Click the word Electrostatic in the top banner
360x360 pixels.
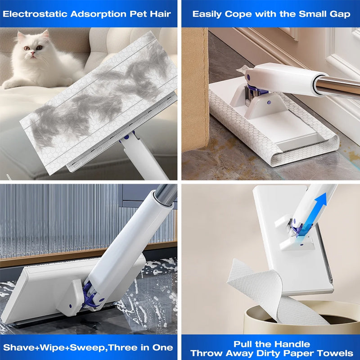coord(35,13)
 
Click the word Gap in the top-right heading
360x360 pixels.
coord(340,13)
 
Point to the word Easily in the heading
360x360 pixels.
coord(208,13)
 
